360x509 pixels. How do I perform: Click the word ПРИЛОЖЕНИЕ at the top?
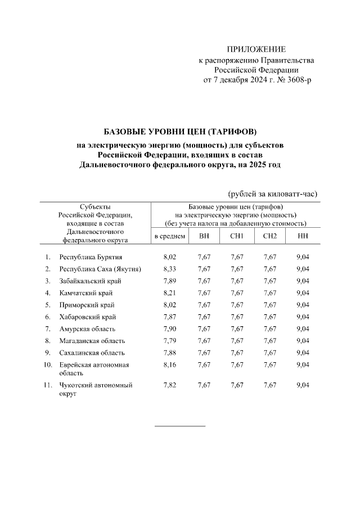pos(256,49)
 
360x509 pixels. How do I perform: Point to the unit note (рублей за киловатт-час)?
pos(273,193)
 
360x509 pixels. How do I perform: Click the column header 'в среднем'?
pos(170,235)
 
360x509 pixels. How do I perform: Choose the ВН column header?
pos(204,235)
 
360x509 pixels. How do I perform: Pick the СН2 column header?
pos(270,235)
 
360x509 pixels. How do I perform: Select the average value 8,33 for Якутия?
pos(169,268)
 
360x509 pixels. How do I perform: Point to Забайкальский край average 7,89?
pos(169,281)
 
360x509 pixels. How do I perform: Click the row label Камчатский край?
pos(85,292)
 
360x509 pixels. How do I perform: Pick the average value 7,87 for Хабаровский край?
pos(169,317)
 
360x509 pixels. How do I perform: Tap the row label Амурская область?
pos(87,328)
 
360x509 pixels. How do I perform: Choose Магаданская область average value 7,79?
pos(169,340)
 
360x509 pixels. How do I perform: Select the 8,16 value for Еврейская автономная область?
pos(169,364)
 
